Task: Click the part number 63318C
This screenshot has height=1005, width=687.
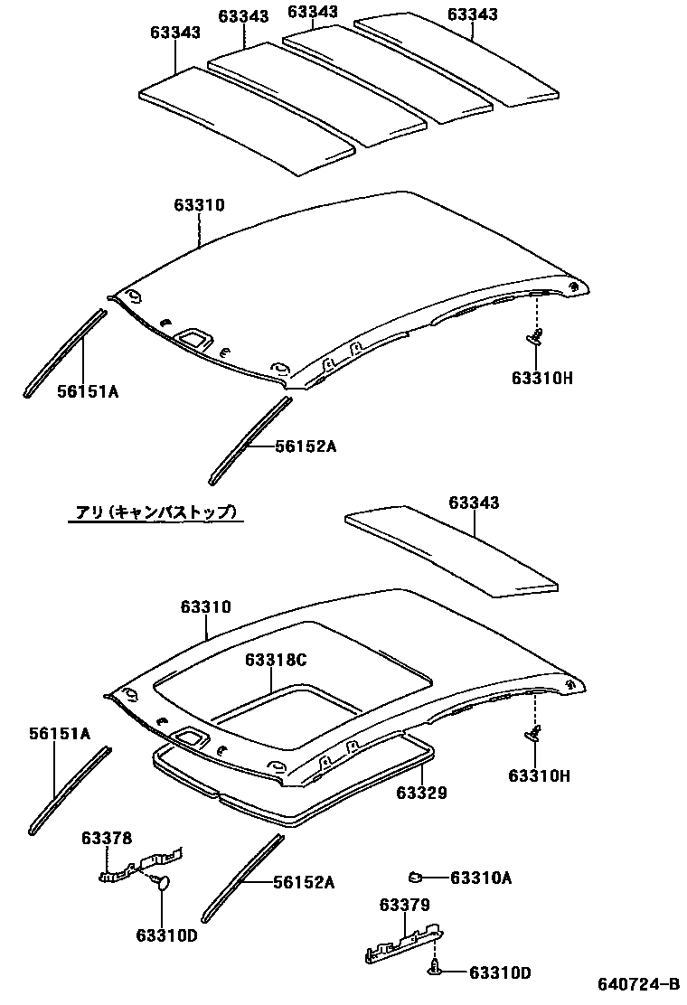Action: click(276, 661)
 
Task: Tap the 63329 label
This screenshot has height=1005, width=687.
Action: click(421, 793)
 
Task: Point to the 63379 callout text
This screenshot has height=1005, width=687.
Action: click(404, 905)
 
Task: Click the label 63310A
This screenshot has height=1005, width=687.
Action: click(481, 877)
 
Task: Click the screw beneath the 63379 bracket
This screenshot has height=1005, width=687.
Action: click(433, 970)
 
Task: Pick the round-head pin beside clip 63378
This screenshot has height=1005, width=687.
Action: click(163, 882)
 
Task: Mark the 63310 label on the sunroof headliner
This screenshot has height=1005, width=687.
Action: click(205, 607)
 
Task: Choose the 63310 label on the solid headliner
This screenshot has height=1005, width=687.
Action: click(199, 205)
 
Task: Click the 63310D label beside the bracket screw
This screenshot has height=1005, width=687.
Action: click(500, 972)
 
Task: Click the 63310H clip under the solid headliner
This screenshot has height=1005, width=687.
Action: click(536, 338)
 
